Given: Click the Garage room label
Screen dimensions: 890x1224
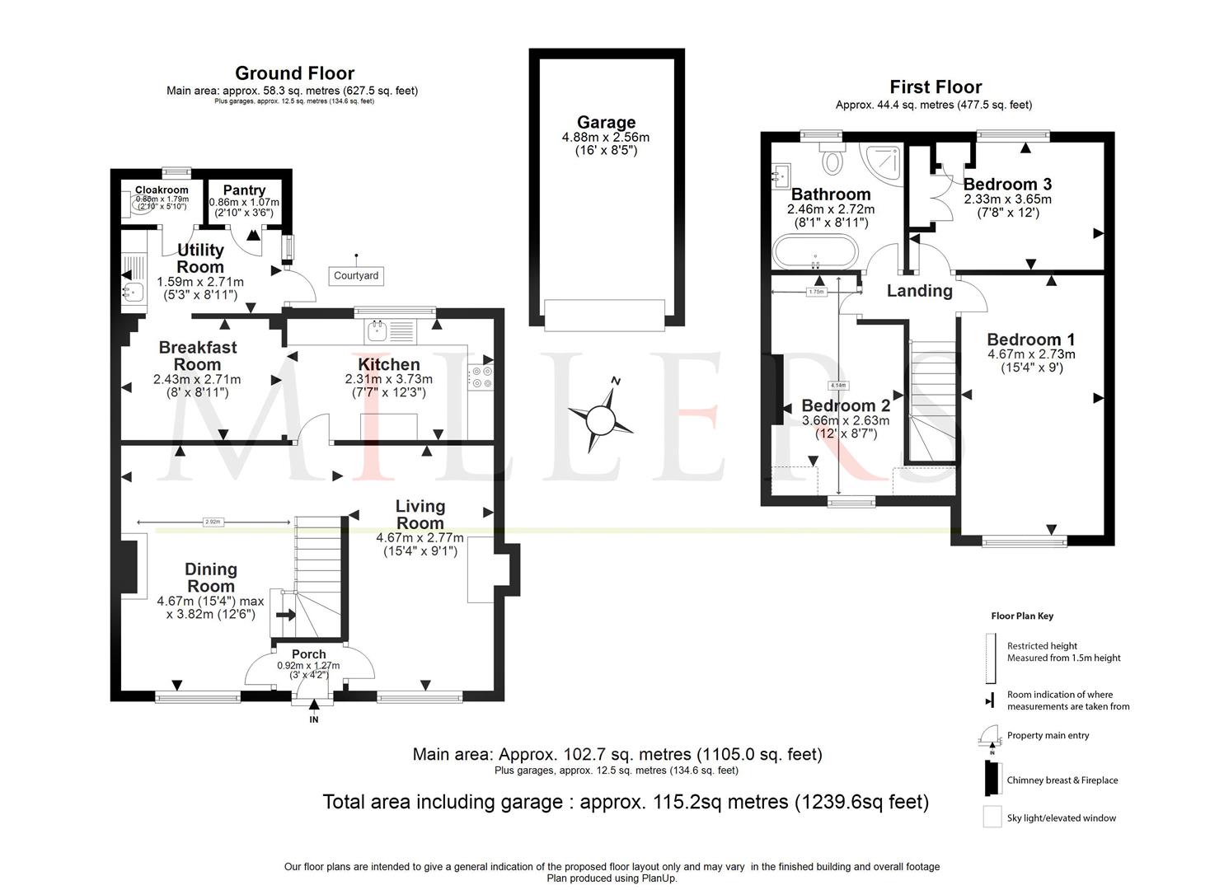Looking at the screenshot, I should [606, 123].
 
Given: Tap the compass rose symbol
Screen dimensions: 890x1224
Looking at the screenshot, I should [600, 420].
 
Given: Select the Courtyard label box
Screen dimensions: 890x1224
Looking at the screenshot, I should [356, 275].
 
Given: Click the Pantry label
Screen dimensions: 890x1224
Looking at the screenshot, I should [244, 190].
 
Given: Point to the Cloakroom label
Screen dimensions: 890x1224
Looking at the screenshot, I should [162, 190].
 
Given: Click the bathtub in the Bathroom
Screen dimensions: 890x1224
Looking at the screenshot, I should [814, 251].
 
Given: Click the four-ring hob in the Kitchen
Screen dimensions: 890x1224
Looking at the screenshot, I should [481, 377].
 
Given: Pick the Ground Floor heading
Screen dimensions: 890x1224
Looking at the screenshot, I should [294, 73].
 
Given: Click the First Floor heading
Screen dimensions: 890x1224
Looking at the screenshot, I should [936, 87].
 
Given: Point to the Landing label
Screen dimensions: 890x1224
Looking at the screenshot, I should [919, 291].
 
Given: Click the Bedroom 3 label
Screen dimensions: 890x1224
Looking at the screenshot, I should [1007, 184].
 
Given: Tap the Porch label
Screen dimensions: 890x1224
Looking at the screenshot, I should [308, 654].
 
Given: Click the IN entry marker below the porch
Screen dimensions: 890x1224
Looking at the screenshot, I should [313, 719].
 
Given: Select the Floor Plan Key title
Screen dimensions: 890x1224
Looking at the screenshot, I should [1022, 616].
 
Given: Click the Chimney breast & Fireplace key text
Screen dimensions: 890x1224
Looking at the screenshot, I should [1062, 780].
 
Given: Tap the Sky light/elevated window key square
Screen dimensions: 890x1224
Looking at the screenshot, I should [992, 817].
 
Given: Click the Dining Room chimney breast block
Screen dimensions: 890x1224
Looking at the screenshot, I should [129, 566].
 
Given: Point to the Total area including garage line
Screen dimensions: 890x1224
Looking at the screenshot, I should [625, 802].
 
